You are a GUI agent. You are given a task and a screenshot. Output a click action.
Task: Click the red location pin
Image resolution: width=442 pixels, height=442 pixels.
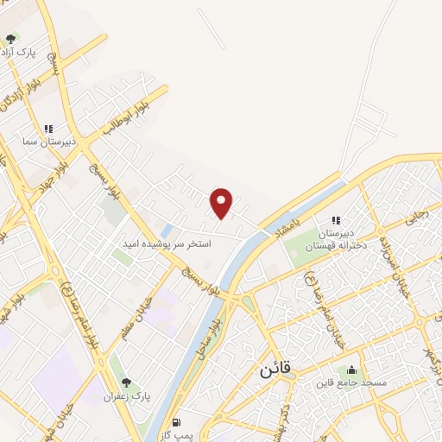point(223,202)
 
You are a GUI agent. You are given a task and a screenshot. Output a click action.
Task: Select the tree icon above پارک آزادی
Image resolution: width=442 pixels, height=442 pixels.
point(10,38)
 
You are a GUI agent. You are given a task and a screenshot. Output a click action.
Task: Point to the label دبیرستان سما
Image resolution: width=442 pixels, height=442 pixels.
point(51,141)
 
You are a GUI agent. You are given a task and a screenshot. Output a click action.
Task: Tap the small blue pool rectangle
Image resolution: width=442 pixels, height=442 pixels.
point(167,230)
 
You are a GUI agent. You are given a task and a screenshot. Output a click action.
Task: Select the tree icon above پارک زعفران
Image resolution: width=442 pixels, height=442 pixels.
point(127,382)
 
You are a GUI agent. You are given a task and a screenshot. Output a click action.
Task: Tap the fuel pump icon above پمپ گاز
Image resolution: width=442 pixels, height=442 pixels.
point(177,423)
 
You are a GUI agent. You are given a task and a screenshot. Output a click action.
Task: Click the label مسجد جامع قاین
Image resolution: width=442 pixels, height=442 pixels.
point(351,382)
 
